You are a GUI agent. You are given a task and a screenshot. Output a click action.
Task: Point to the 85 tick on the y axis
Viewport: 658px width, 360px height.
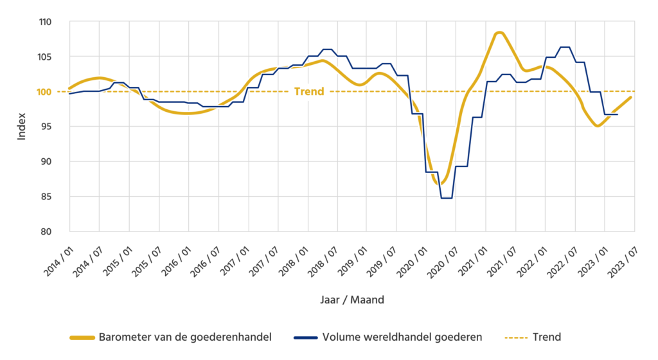[x=46, y=196]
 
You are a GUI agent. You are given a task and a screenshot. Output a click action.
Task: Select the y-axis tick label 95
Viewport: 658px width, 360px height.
[x=46, y=127]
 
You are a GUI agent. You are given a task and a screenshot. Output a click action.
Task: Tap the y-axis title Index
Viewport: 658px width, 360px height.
[x=21, y=127]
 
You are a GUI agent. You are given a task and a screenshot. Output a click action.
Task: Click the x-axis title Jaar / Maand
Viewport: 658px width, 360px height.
[x=352, y=300]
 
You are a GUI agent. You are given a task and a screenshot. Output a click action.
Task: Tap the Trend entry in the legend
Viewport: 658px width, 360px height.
[x=546, y=337]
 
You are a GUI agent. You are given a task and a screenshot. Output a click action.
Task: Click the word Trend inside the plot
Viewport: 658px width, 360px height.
[x=309, y=91]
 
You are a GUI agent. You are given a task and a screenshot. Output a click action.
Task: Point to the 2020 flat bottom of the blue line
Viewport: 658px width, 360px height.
[x=447, y=198]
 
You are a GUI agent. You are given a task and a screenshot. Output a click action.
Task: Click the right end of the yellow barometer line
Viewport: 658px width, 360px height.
[x=633, y=97]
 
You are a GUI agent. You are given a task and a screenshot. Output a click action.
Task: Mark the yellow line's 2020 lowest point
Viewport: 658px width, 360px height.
[x=440, y=184]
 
